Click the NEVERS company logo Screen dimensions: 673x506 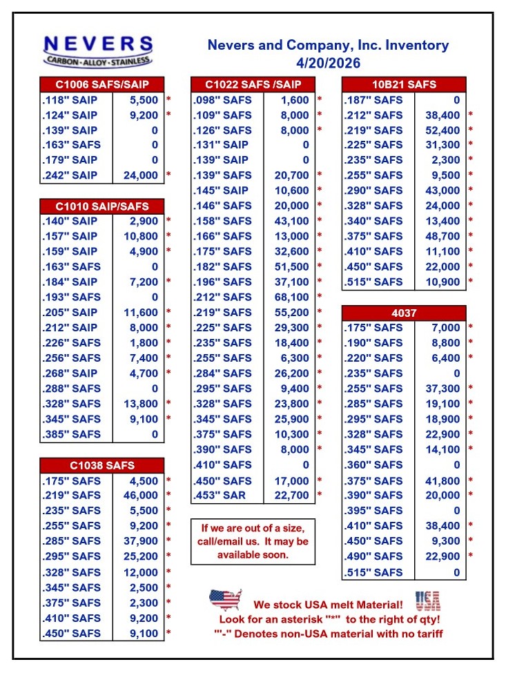click(97, 50)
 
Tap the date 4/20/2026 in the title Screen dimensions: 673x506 click(328, 63)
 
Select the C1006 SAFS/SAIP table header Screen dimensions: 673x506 click(102, 85)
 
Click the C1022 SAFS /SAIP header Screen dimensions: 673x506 click(253, 85)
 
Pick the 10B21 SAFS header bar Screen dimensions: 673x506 click(404, 85)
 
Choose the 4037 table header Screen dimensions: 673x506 click(404, 313)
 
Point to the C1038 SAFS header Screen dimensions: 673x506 click(102, 465)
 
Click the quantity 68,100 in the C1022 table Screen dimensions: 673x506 click(291, 298)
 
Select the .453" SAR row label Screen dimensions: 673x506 click(222, 495)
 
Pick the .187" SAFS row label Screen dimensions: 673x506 click(373, 100)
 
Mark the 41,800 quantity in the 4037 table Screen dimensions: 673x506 click(442, 480)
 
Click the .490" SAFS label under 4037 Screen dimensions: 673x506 click(373, 556)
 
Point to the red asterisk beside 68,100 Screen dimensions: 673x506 click(320, 298)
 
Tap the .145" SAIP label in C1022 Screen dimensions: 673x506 click(222, 191)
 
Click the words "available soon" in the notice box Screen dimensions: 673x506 click(253, 555)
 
